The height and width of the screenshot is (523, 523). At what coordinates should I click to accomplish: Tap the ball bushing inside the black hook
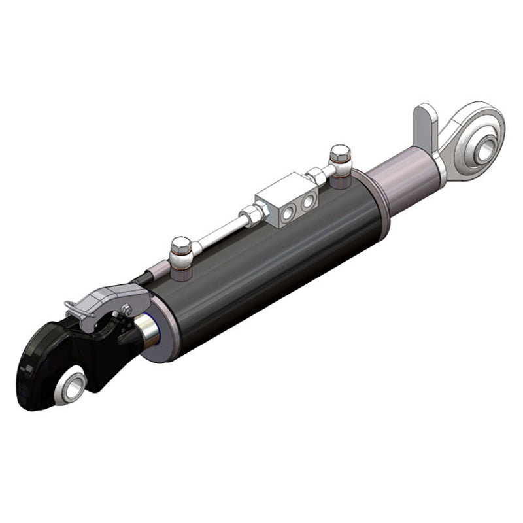point(71,387)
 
